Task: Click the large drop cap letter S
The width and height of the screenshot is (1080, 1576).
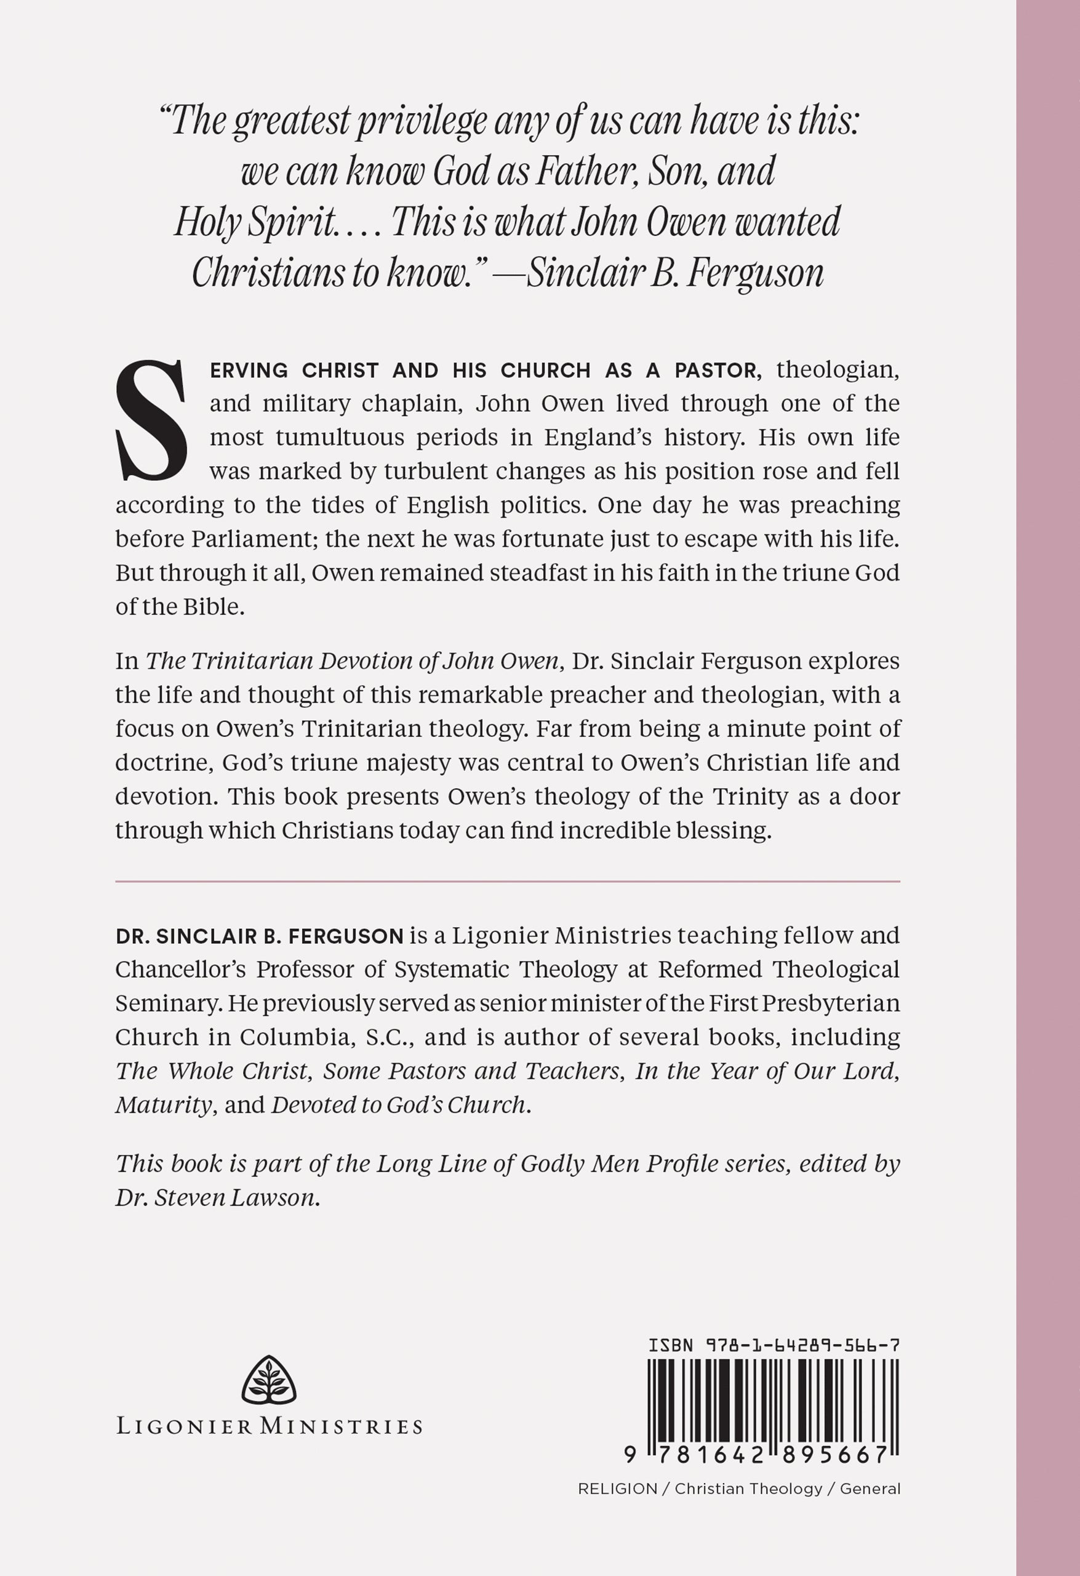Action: click(x=151, y=420)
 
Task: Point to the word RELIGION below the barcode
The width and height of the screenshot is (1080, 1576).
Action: click(x=617, y=1489)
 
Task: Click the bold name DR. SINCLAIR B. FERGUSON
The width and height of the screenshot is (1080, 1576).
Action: click(x=260, y=936)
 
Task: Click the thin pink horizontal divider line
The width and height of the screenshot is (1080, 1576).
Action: click(x=507, y=882)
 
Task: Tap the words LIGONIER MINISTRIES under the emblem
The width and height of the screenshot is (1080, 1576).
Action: click(x=269, y=1426)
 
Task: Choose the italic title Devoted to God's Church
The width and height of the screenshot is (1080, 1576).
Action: click(x=399, y=1104)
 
